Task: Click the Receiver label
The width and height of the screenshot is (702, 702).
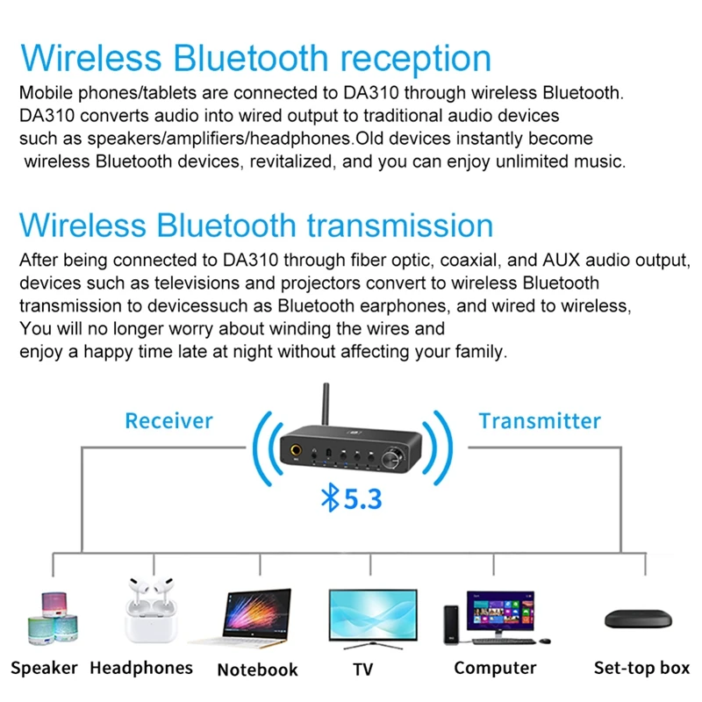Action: [x=168, y=420]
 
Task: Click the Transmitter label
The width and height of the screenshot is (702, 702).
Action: [x=540, y=420]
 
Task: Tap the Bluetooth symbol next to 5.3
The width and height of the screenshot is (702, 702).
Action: [x=330, y=498]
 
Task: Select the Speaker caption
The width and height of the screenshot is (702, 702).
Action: [x=45, y=668]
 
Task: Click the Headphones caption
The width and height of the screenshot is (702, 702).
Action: [x=141, y=668]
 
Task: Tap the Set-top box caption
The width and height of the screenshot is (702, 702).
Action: [x=641, y=668]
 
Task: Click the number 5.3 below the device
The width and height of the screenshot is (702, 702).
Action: [x=362, y=499]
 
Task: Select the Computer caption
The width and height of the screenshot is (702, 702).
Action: [x=495, y=668]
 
